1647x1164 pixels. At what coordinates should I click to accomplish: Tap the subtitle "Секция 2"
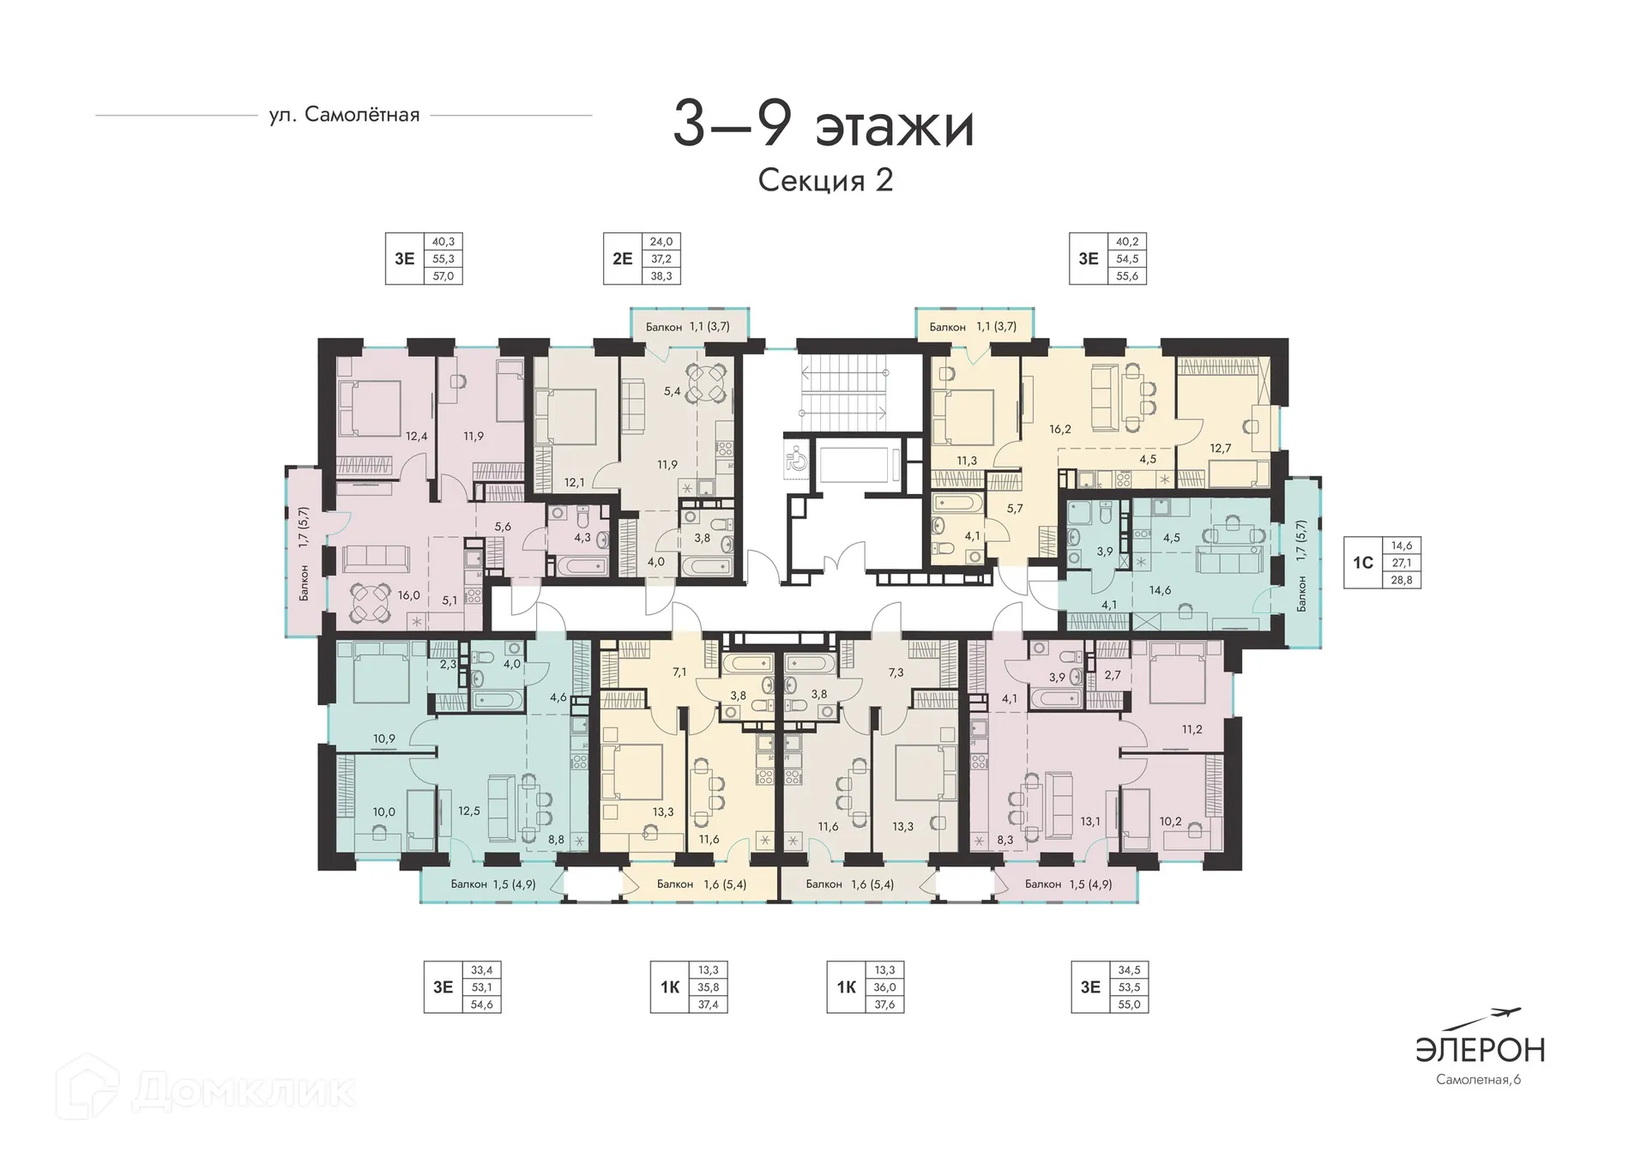pos(825,180)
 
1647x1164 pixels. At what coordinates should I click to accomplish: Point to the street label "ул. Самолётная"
pos(344,115)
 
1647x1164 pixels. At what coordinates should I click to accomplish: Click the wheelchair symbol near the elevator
pos(795,459)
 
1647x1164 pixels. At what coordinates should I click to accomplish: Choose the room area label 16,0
pos(408,595)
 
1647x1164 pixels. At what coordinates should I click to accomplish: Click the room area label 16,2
pos(1060,429)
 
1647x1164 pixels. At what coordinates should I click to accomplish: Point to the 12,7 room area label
pos(1220,448)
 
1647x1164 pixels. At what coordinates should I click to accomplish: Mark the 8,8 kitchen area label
pos(556,840)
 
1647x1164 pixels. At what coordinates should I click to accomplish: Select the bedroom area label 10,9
pos(383,739)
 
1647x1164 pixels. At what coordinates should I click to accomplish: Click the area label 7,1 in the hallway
pos(679,672)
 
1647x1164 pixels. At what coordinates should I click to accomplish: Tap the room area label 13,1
pos(1090,821)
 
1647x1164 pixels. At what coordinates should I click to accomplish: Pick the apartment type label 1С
pos(1363,563)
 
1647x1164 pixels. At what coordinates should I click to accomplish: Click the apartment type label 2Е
pos(623,258)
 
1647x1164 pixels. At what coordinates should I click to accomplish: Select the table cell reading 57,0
pos(443,276)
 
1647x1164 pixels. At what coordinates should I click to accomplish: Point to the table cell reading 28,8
pos(1402,580)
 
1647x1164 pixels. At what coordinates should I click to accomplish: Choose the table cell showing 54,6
pos(482,1004)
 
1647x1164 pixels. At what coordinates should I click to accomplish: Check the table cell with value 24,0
pos(661,242)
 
